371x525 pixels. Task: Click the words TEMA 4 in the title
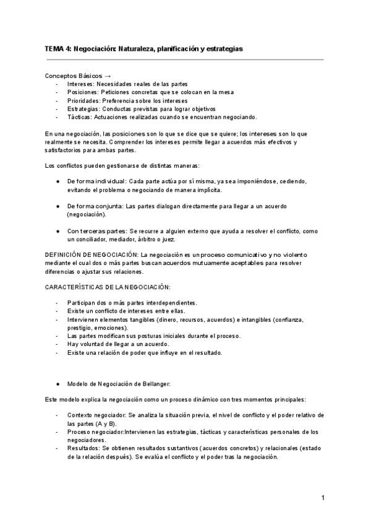click(58, 48)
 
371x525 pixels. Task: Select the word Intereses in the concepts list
click(80, 84)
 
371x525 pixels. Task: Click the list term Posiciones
click(82, 92)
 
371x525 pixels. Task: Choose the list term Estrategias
click(83, 108)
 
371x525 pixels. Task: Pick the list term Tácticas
click(79, 117)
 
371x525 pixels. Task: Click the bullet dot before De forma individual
click(58, 181)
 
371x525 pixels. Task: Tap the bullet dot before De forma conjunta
click(58, 206)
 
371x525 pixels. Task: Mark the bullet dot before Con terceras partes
click(58, 230)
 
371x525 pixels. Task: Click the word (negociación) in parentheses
click(86, 214)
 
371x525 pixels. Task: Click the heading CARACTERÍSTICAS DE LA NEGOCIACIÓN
click(108, 288)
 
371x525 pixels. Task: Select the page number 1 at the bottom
click(323, 498)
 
